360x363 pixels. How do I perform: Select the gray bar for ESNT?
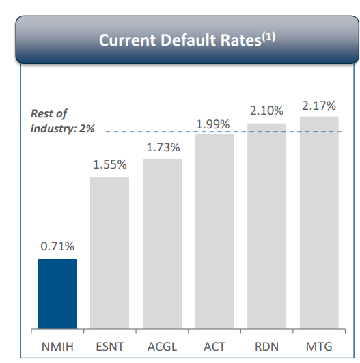click(109, 253)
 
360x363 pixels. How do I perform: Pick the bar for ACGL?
click(162, 244)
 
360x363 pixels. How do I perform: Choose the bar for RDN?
click(266, 227)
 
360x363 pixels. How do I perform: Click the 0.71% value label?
click(57, 247)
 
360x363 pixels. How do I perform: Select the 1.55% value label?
click(109, 164)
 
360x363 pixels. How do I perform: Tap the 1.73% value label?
click(162, 147)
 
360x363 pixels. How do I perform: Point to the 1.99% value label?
click(213, 124)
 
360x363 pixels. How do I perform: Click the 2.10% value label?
click(266, 111)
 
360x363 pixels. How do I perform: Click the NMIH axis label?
click(57, 347)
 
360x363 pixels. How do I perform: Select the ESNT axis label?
click(109, 347)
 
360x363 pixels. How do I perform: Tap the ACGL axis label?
click(162, 347)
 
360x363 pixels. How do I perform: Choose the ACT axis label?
click(214, 347)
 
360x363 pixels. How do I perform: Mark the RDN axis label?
click(266, 347)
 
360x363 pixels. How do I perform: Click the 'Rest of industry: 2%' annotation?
click(62, 121)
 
